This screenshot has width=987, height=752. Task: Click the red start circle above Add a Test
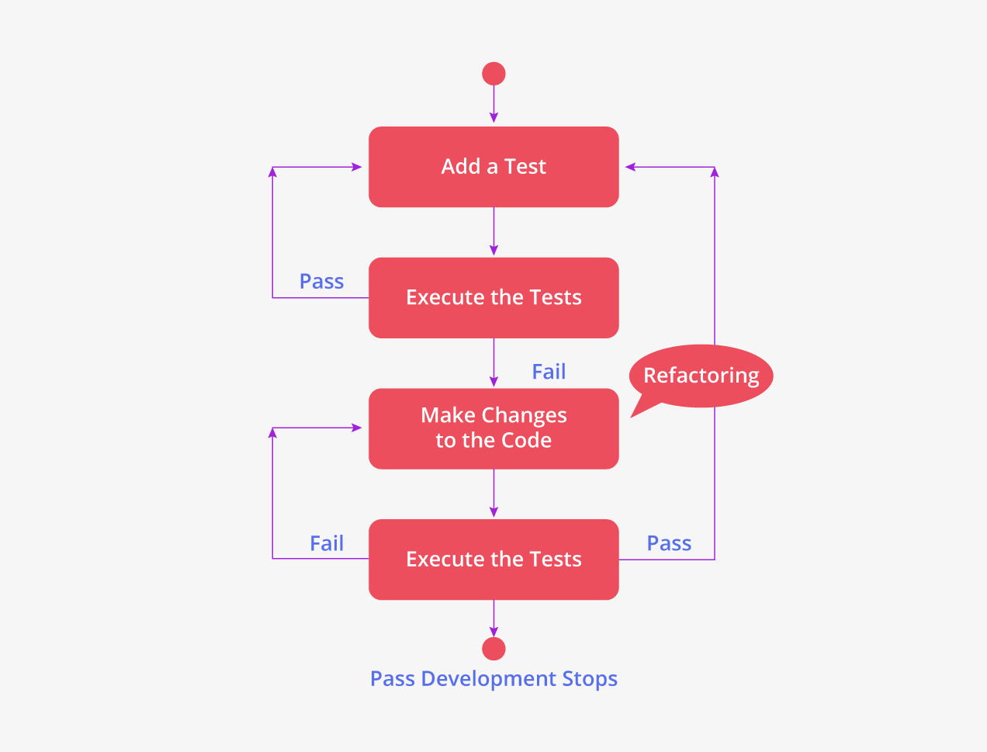click(x=493, y=74)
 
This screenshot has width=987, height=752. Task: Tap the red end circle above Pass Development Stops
click(x=493, y=649)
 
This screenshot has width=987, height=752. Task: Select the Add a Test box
click(x=493, y=167)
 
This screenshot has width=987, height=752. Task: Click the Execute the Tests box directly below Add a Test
click(x=493, y=298)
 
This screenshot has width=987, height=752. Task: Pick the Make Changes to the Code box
click(x=493, y=428)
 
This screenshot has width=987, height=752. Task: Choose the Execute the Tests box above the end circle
click(x=493, y=560)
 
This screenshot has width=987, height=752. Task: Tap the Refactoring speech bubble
click(x=701, y=376)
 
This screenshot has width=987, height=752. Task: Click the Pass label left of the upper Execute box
click(x=321, y=281)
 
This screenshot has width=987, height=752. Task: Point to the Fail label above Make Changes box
click(x=549, y=372)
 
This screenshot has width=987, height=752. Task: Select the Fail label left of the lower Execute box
click(x=327, y=543)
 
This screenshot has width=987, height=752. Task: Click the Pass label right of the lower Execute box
click(x=669, y=543)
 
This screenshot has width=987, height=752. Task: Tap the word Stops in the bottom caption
click(x=590, y=679)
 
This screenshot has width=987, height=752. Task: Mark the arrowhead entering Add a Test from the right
click(x=630, y=167)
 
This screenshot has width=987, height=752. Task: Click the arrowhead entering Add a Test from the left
click(x=358, y=167)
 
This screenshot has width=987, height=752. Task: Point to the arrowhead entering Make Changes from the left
click(x=358, y=428)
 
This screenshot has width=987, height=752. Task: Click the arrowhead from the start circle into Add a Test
click(x=493, y=118)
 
